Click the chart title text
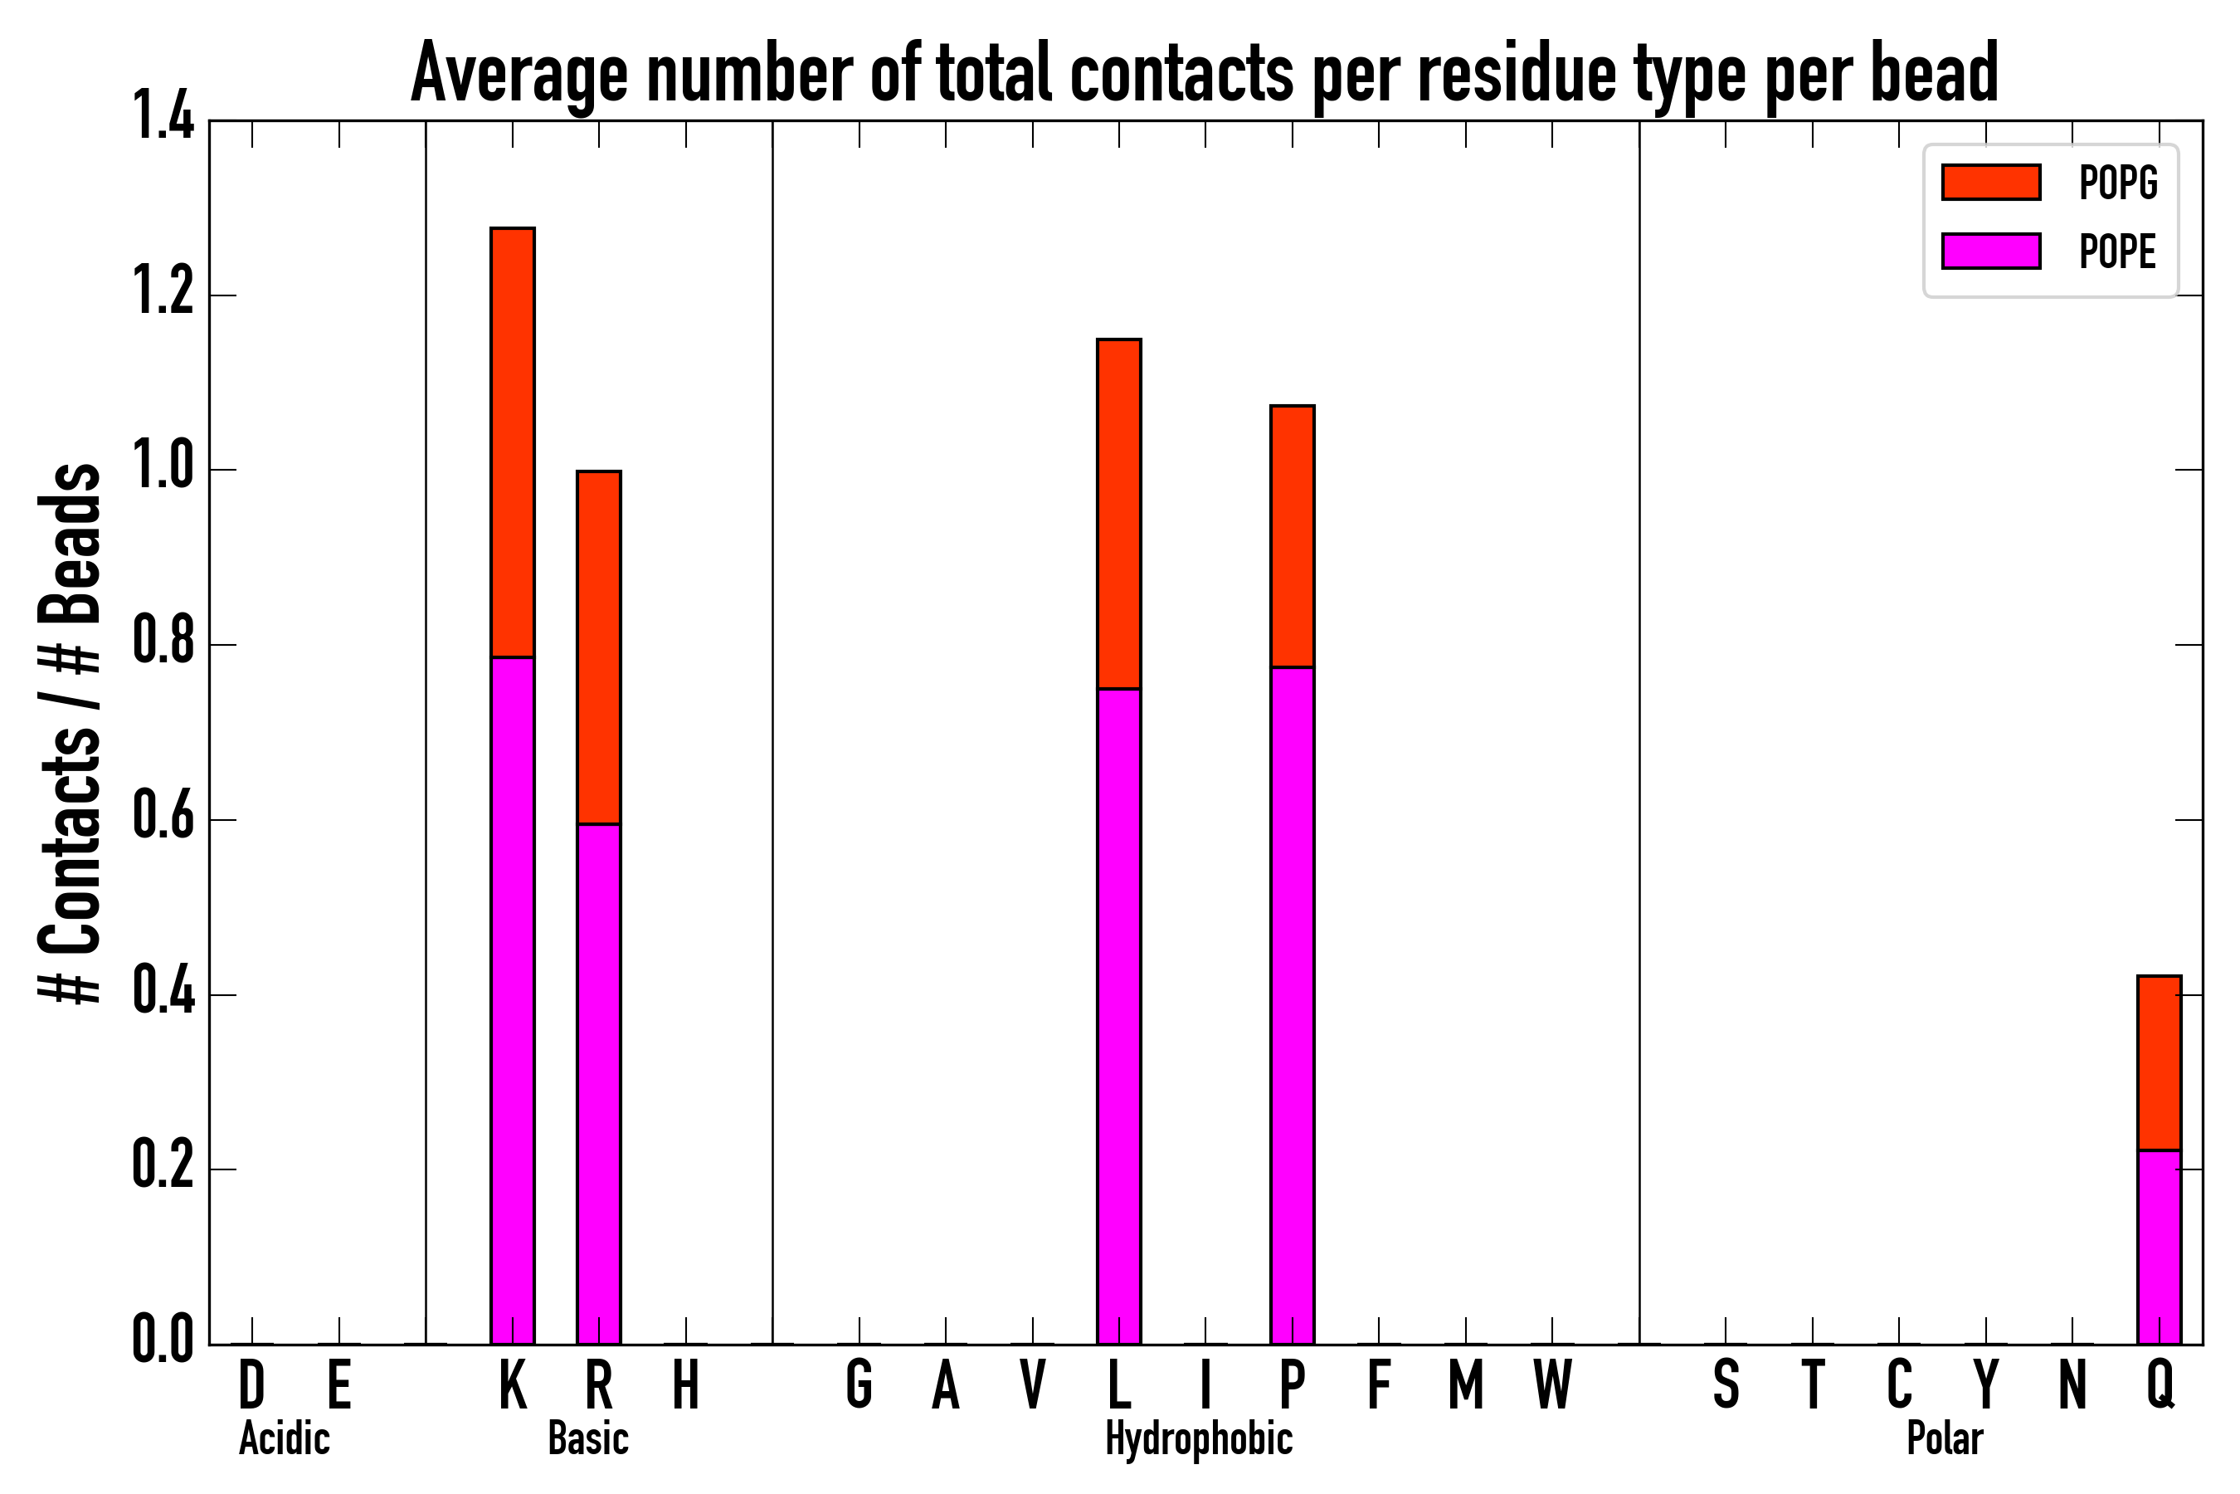click(1204, 75)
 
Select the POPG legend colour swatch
click(1990, 182)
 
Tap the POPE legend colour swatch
click(1990, 251)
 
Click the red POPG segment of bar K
click(513, 442)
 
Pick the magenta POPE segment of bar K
click(513, 1000)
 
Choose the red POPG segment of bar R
click(598, 648)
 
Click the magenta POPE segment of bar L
click(1118, 1016)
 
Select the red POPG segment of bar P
click(1292, 536)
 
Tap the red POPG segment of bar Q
click(2159, 1063)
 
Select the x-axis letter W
click(1551, 1385)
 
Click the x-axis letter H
click(686, 1385)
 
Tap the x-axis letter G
click(858, 1385)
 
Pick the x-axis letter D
click(251, 1385)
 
